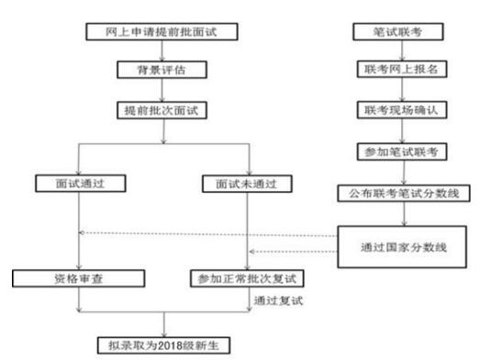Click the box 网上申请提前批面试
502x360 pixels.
[162, 33]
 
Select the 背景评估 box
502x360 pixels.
[162, 70]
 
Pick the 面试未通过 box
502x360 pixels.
[247, 183]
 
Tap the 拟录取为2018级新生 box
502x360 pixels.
[163, 346]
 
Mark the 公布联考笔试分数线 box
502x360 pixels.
[388, 193]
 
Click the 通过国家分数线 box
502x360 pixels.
[403, 246]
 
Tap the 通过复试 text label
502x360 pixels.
[280, 300]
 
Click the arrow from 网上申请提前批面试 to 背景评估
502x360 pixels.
[162, 51]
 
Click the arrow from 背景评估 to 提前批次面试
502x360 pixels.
[162, 89]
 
